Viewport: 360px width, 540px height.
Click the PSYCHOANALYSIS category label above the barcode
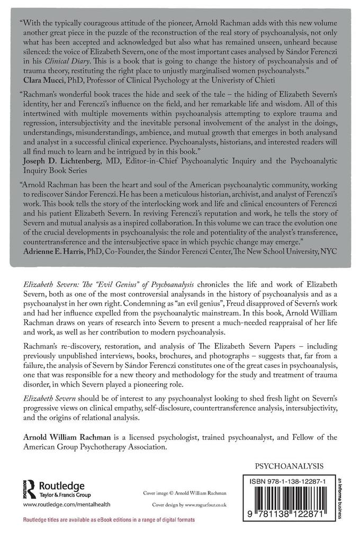pyautogui.click(x=290, y=467)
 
